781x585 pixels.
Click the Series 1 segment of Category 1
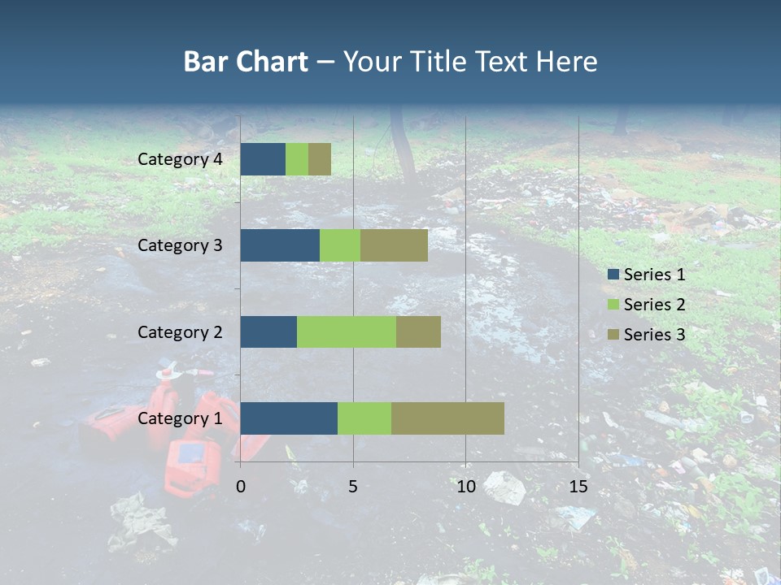tap(289, 418)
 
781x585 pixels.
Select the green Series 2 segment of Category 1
tap(364, 418)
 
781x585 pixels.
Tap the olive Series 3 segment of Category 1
tap(447, 418)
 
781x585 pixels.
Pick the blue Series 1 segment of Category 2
tap(268, 331)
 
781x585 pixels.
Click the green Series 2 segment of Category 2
tap(347, 331)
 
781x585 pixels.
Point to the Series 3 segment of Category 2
tap(418, 331)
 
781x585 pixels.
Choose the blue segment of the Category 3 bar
tap(280, 245)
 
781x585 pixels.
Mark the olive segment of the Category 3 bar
tap(394, 245)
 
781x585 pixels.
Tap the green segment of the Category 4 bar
tap(297, 159)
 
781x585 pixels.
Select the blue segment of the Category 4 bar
tap(263, 159)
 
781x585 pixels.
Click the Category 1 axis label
tap(180, 418)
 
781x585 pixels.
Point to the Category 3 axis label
tap(180, 245)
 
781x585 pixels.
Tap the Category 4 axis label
tap(180, 159)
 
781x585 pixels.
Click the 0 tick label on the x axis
tap(241, 487)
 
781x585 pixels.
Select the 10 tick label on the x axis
tap(465, 487)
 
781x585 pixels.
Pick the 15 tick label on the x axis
tap(578, 487)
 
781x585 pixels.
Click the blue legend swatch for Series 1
tap(613, 275)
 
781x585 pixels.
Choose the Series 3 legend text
tap(654, 335)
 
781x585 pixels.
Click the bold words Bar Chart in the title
tap(246, 62)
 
